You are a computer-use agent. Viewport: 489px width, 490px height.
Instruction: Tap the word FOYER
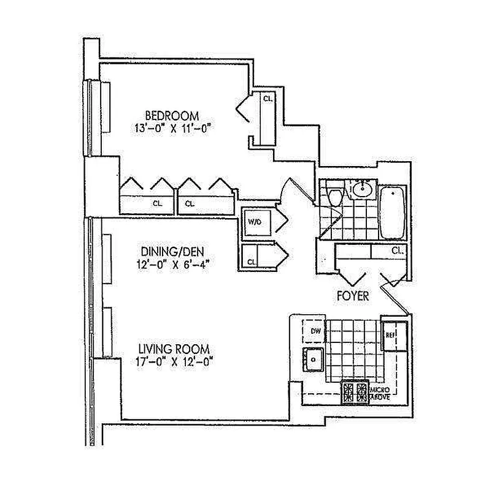coord(353,296)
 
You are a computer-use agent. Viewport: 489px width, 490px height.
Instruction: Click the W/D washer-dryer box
coord(254,222)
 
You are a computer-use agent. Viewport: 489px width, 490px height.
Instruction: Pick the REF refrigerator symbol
coord(390,335)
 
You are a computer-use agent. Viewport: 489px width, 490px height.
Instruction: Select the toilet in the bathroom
coord(335,197)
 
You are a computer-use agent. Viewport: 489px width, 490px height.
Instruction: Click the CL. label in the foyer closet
coord(396,250)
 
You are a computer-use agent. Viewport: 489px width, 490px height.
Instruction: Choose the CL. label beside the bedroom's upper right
coord(268,99)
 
